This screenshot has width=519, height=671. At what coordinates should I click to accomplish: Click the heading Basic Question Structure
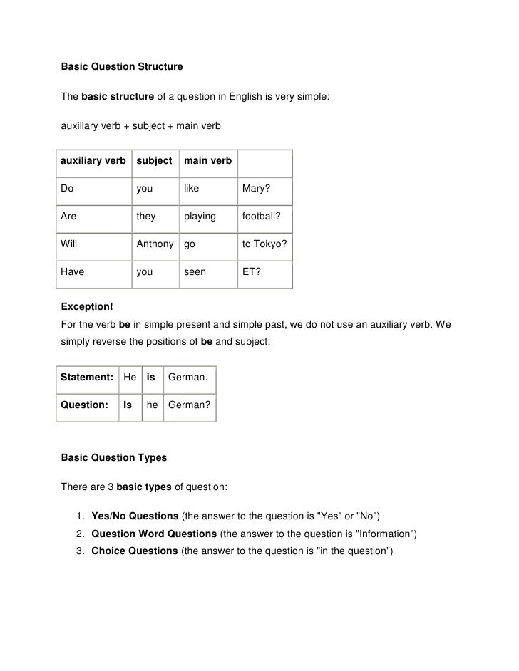(121, 67)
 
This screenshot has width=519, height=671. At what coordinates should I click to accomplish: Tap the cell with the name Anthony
(155, 244)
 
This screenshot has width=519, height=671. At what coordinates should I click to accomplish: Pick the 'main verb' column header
(207, 161)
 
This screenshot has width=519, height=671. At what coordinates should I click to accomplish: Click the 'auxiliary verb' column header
(93, 161)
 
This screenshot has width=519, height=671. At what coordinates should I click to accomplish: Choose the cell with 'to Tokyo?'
(264, 244)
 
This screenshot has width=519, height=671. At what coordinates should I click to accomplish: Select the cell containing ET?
(252, 271)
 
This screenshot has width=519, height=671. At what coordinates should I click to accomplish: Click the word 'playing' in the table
(200, 216)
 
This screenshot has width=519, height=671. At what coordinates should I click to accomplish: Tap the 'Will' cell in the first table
(69, 244)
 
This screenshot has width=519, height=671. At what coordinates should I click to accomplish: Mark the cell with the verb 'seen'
(195, 271)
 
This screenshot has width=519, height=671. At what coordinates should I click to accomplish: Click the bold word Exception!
(87, 307)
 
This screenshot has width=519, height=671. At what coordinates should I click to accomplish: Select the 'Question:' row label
(85, 405)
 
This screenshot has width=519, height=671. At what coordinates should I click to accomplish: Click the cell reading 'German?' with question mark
(189, 405)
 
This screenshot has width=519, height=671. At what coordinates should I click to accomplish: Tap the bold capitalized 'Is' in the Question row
(128, 405)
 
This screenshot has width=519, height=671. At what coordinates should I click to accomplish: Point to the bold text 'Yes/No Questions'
(135, 516)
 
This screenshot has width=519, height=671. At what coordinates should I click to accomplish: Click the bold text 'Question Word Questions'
(154, 533)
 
